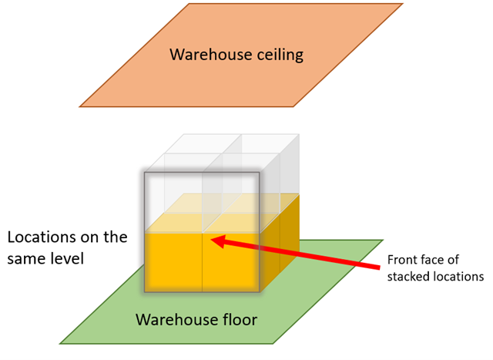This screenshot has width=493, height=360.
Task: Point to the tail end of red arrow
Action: pos(382,267)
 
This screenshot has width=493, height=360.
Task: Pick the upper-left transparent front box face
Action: pos(174,202)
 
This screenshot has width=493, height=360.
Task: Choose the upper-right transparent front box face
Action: pos(230,202)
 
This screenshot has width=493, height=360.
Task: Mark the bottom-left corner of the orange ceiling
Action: pos(80,106)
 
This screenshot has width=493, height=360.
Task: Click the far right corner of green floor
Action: pos(382,240)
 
